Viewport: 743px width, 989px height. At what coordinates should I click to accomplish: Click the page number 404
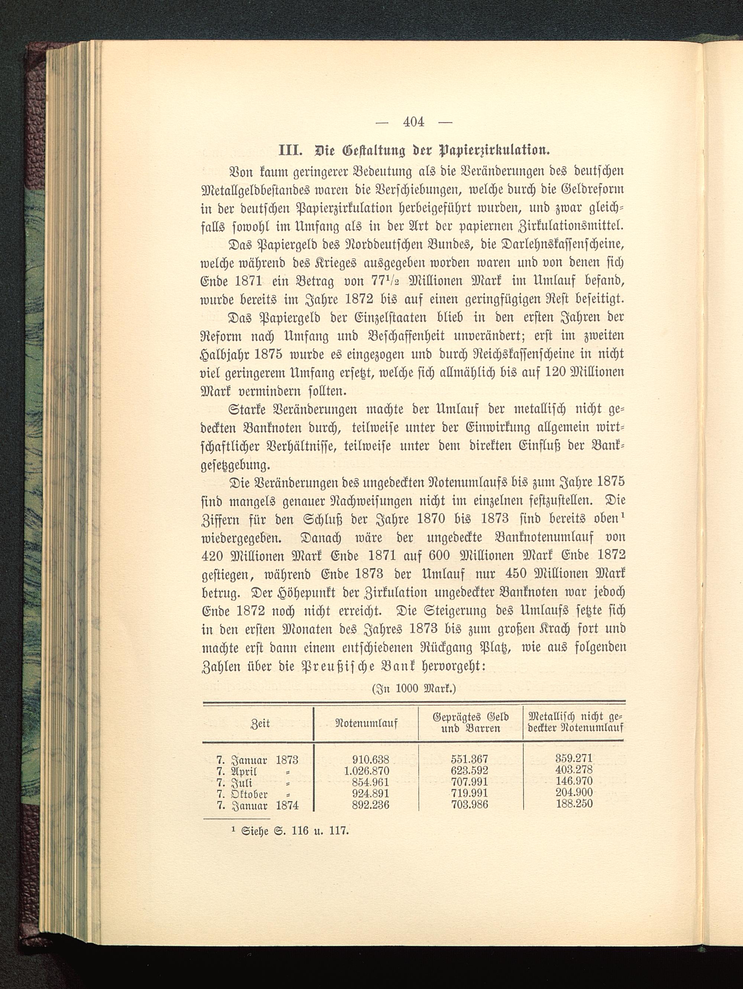pyautogui.click(x=413, y=122)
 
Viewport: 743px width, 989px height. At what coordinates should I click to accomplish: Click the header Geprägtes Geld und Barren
pyautogui.click(x=470, y=723)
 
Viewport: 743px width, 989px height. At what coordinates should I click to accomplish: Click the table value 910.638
pyautogui.click(x=370, y=759)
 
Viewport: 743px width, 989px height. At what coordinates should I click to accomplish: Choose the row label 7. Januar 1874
pyautogui.click(x=257, y=805)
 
